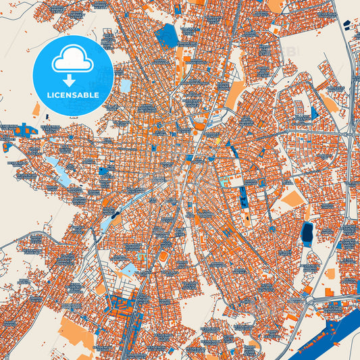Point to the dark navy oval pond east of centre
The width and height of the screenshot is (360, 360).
(307, 233)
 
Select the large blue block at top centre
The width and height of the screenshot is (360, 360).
(167, 35)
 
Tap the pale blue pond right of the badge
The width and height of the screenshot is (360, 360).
(126, 86)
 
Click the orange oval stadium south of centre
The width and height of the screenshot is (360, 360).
(162, 256)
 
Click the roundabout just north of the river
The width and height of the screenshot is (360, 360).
(309, 298)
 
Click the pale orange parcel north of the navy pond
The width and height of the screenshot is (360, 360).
(292, 198)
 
